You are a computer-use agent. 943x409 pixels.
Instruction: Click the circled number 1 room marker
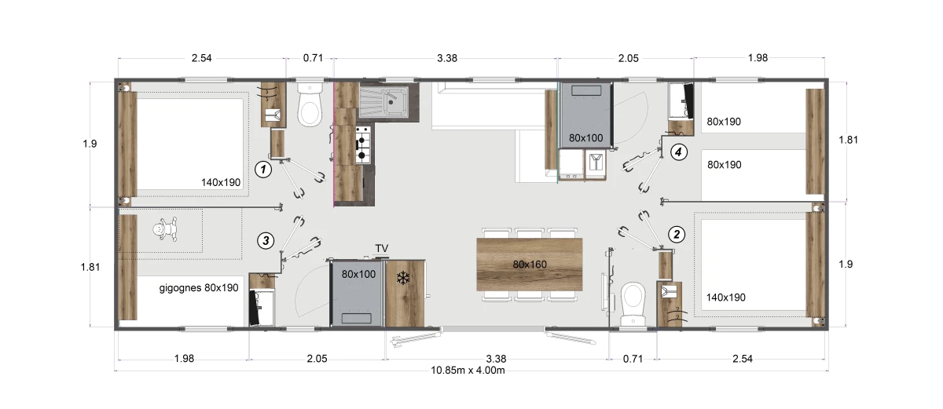tap(263, 170)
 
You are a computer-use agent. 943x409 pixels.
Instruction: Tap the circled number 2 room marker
tap(677, 234)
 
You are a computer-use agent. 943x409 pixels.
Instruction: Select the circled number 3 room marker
tap(266, 241)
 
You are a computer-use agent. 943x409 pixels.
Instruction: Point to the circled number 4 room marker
tap(678, 152)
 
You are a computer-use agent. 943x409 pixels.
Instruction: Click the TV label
tap(382, 248)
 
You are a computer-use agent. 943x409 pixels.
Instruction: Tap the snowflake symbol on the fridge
tap(403, 278)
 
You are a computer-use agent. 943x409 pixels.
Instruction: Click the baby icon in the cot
tap(164, 229)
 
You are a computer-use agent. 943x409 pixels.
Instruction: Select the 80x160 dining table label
tap(530, 265)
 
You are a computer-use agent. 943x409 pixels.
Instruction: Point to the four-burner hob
tap(363, 145)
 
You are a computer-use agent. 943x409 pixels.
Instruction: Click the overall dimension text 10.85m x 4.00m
tap(468, 371)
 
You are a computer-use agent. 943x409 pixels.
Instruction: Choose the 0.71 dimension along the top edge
tap(313, 58)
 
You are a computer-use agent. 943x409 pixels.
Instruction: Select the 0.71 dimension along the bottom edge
tap(633, 359)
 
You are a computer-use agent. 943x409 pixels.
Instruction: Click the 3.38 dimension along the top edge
tap(447, 58)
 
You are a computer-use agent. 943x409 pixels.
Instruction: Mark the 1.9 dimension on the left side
tap(90, 144)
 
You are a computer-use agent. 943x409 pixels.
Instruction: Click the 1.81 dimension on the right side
tap(848, 140)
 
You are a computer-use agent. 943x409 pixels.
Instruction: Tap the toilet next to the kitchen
tap(310, 104)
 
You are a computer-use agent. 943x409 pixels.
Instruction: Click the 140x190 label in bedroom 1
tap(221, 182)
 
